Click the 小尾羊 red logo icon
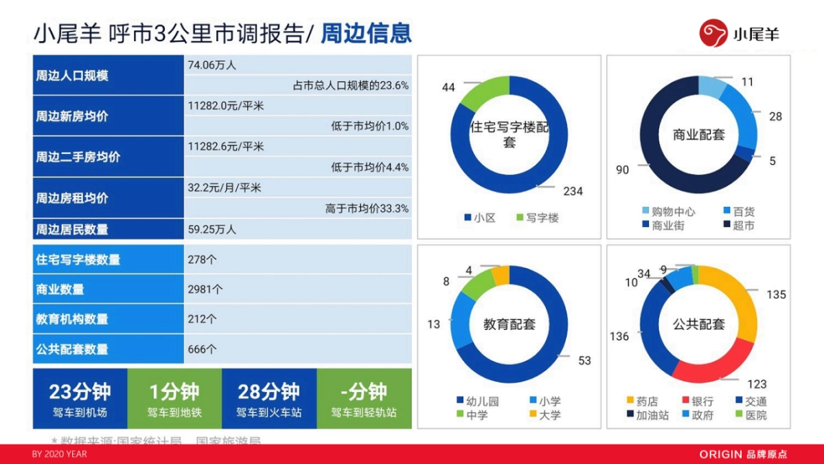(713, 33)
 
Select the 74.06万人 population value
(212, 65)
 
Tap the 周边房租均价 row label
(72, 198)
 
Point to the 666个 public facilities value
(202, 349)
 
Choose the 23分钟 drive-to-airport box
(80, 399)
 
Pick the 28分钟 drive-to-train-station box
(269, 399)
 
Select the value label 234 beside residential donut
(572, 191)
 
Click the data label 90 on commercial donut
(622, 170)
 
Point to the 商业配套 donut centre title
(698, 135)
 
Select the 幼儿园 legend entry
(481, 401)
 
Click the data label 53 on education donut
(584, 360)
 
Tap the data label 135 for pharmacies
(776, 294)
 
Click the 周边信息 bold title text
(366, 33)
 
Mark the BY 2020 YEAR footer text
(60, 454)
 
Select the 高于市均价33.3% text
(367, 208)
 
